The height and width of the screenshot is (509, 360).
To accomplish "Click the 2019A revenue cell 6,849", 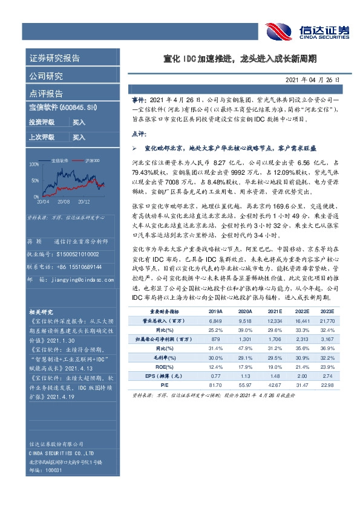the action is tap(215, 320).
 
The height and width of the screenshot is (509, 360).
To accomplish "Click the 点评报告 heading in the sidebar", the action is tap(46, 94).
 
